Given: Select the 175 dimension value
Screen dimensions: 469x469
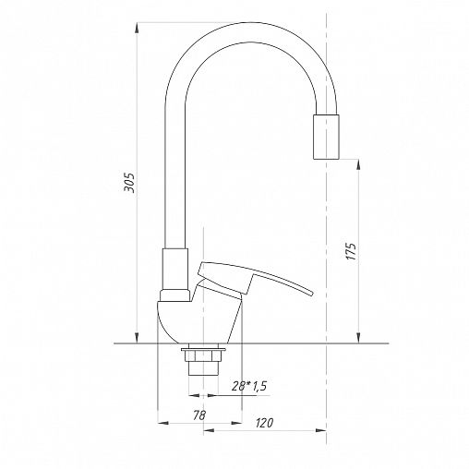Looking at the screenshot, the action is [352, 251].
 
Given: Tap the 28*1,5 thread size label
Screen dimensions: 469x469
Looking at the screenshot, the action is [249, 386].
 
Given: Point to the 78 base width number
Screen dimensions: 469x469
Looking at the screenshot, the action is [199, 415].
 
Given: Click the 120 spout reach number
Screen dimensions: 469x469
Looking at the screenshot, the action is [264, 423].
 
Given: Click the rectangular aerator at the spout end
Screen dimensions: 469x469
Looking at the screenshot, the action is [326, 137].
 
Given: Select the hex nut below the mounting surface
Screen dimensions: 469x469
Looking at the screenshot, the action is [203, 355].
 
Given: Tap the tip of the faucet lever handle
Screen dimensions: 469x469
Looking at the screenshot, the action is [312, 293].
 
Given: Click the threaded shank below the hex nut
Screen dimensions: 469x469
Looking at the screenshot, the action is [203, 368].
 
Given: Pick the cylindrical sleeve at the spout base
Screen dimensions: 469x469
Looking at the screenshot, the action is [175, 269].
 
